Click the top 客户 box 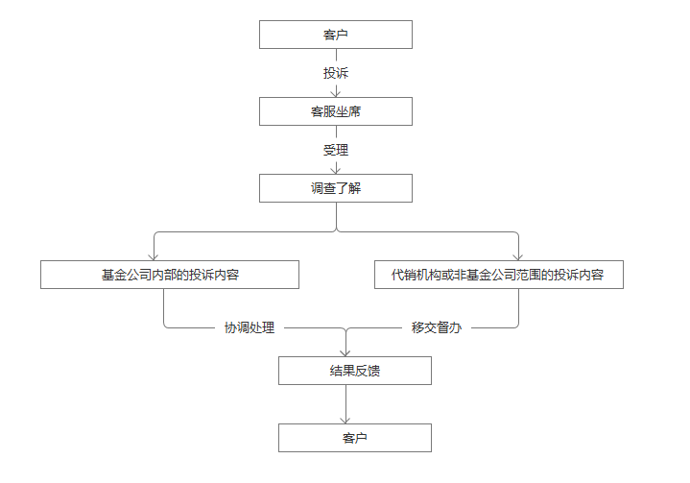point(336,35)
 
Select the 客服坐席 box point(336,111)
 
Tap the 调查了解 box point(336,188)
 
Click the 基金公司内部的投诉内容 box point(170,275)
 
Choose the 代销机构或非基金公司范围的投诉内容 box point(499,275)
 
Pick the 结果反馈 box point(355,371)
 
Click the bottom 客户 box point(355,438)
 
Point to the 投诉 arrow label point(336,73)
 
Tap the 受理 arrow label point(336,150)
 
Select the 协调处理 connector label point(250,327)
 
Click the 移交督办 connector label point(437,327)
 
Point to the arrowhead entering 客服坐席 point(336,94)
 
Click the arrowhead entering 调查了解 point(336,171)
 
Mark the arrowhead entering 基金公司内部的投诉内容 point(154,257)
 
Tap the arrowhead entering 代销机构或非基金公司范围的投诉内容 point(518,257)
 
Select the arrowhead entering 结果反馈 point(345,353)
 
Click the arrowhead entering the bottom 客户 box point(345,420)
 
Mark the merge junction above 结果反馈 point(345,328)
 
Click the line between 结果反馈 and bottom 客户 point(345,404)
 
